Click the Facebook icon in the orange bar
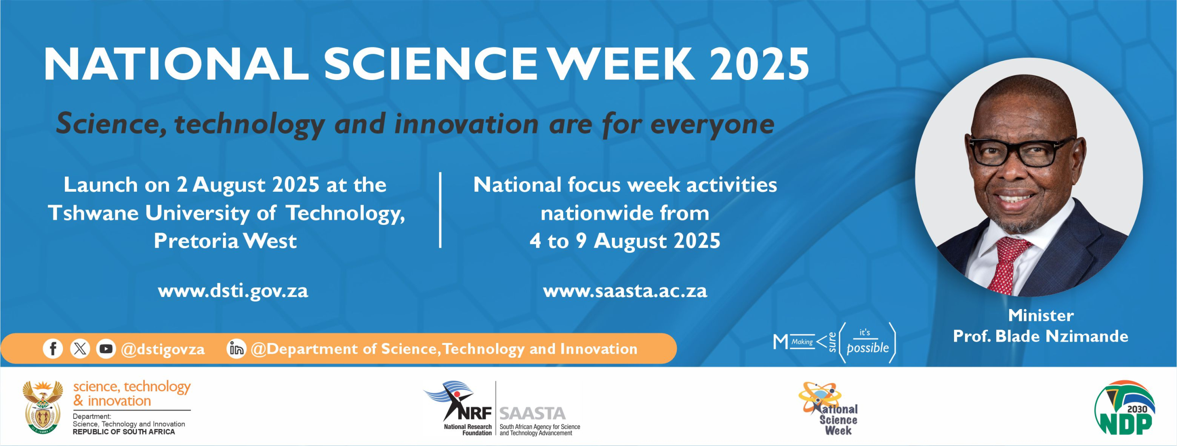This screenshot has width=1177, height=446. pyautogui.click(x=53, y=349)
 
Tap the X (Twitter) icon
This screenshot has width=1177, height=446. pyautogui.click(x=80, y=349)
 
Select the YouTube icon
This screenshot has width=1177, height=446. pyautogui.click(x=106, y=349)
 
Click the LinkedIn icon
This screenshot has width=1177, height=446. pyautogui.click(x=236, y=349)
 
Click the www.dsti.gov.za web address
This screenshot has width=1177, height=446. pyautogui.click(x=233, y=291)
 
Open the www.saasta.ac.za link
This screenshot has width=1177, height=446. pyautogui.click(x=625, y=291)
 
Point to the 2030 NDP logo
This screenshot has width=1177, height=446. pyautogui.click(x=1124, y=408)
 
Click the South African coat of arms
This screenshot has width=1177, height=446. pyautogui.click(x=43, y=407)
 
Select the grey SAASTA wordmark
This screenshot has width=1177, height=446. pyautogui.click(x=532, y=414)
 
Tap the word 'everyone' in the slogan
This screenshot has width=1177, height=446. pyautogui.click(x=713, y=125)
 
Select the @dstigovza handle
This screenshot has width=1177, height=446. pyautogui.click(x=163, y=349)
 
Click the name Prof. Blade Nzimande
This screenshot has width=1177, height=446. pyautogui.click(x=1040, y=336)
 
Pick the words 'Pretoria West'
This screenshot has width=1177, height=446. pyautogui.click(x=225, y=241)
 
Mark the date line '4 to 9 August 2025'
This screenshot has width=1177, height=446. pyautogui.click(x=625, y=241)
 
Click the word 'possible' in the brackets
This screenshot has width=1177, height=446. pyautogui.click(x=868, y=348)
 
